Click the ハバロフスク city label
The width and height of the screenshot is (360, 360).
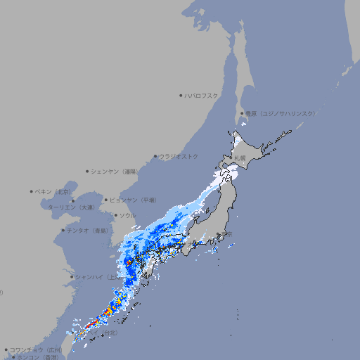202,95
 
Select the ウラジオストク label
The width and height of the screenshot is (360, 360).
179,156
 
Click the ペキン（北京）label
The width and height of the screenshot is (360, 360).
54,191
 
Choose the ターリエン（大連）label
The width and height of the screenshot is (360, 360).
71,207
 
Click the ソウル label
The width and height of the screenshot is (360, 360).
127,215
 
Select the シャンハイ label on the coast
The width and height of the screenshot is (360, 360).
96,277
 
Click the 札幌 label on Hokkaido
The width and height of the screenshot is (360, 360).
240,158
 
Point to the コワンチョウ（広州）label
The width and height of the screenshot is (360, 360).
36,349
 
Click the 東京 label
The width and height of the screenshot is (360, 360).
226,233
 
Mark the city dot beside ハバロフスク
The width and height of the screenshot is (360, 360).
181,95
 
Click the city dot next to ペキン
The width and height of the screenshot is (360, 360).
32,191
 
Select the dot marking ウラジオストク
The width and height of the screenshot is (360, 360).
155,156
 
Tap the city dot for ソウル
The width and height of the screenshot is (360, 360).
115,215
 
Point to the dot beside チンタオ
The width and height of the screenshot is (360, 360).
63,230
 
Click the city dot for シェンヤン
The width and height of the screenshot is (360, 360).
87,171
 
